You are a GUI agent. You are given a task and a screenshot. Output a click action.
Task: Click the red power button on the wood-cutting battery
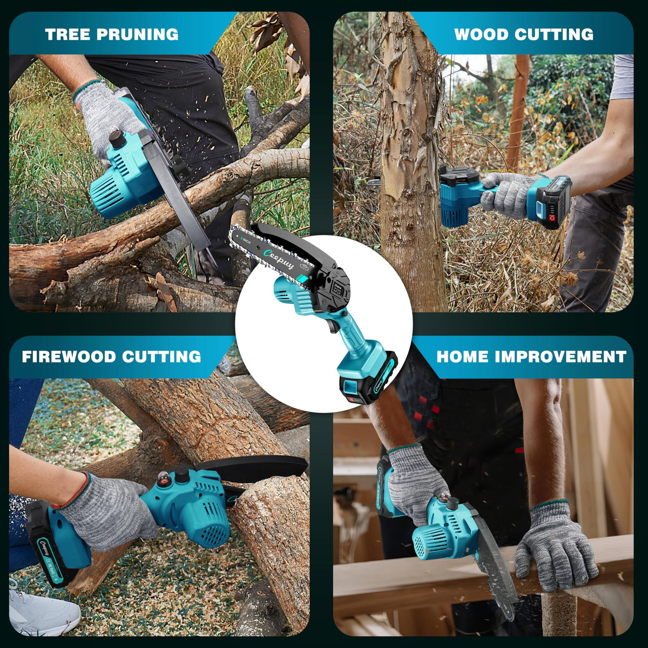tap(551, 218)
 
